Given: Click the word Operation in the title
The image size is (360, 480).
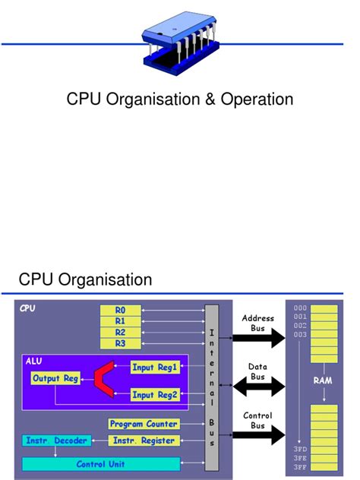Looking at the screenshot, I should point(257,99).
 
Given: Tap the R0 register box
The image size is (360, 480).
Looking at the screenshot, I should point(121,311).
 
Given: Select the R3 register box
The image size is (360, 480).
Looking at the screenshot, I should point(121,343).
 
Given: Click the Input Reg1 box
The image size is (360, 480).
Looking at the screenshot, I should point(154,368).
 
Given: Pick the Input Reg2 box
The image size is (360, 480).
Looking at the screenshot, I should point(154,395).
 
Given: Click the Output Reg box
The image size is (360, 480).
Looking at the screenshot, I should point(55,378).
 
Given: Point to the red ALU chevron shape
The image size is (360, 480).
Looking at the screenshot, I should point(104,381).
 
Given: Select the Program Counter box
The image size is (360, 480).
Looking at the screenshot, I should point(144,424).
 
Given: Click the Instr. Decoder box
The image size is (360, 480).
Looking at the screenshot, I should point(57,441).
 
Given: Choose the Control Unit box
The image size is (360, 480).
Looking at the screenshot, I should point(101,463).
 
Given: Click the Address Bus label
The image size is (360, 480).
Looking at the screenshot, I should point(253,323).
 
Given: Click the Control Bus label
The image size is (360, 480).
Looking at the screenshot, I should point(253,420).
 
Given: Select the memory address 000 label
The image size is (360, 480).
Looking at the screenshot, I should point(300,308).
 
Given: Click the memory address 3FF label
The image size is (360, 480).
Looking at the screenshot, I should point(300,467).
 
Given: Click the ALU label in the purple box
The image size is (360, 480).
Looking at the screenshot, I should point(35,361).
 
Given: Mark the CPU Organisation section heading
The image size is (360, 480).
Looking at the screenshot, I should point(86,280).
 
